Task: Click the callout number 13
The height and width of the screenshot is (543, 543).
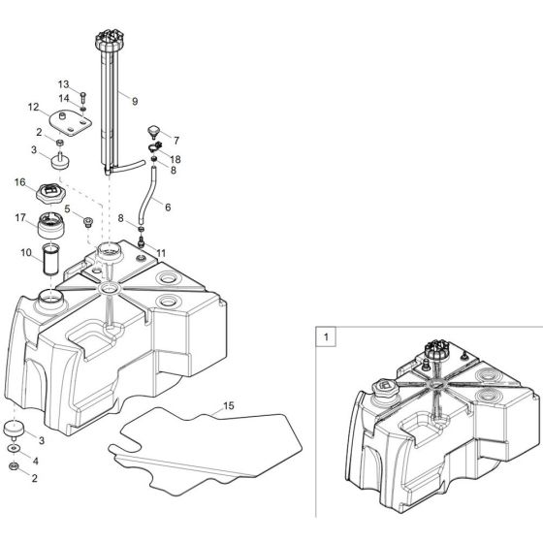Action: point(63,84)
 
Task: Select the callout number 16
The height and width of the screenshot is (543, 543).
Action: point(19,181)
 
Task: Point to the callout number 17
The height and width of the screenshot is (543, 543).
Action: point(19,218)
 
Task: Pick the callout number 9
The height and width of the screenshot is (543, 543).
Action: point(135,100)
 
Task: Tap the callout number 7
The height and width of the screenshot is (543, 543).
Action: point(175,141)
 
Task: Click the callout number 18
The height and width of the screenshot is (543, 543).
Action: point(175,157)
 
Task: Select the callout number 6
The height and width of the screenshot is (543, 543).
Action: point(167,207)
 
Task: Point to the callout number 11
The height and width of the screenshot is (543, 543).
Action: point(161,253)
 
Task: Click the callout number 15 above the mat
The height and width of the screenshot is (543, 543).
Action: point(229,405)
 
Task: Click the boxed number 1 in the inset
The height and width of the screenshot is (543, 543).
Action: point(327,338)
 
